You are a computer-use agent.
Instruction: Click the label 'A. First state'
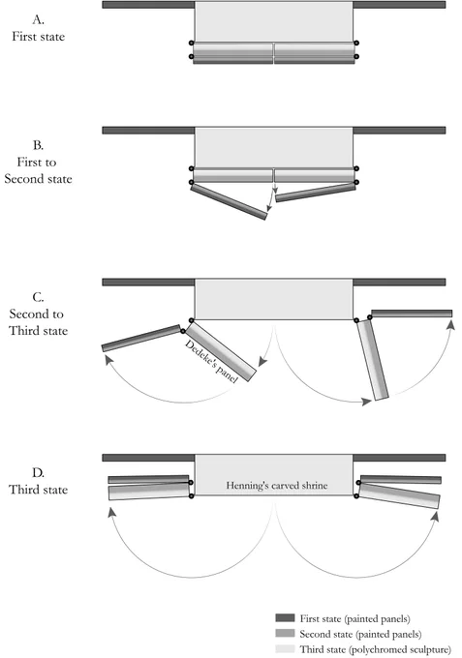tap(38, 28)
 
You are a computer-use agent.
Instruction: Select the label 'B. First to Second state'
tap(38, 162)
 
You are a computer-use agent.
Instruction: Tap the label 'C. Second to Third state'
tap(38, 314)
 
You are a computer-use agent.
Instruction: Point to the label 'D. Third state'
tap(38, 481)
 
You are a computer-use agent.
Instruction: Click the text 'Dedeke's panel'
tap(212, 361)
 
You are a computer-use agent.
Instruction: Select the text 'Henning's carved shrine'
tap(277, 486)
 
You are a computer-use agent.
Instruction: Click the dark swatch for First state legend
tap(285, 617)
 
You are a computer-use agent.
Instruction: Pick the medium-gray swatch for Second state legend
tap(285, 633)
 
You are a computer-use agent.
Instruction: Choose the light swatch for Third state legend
tap(285, 648)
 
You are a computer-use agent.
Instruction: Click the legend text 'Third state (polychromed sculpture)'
tap(376, 649)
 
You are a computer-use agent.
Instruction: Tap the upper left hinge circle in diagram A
tap(192, 43)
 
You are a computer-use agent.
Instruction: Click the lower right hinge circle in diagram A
tap(356, 56)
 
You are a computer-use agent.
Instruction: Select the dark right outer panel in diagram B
tap(316, 193)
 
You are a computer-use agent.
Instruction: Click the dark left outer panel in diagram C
tap(141, 339)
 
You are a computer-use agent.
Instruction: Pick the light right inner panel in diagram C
tap(373, 360)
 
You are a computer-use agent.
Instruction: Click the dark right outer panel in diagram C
tap(412, 314)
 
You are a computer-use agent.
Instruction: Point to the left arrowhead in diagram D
tap(111, 513)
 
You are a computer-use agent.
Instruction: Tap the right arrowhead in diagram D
tap(435, 516)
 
